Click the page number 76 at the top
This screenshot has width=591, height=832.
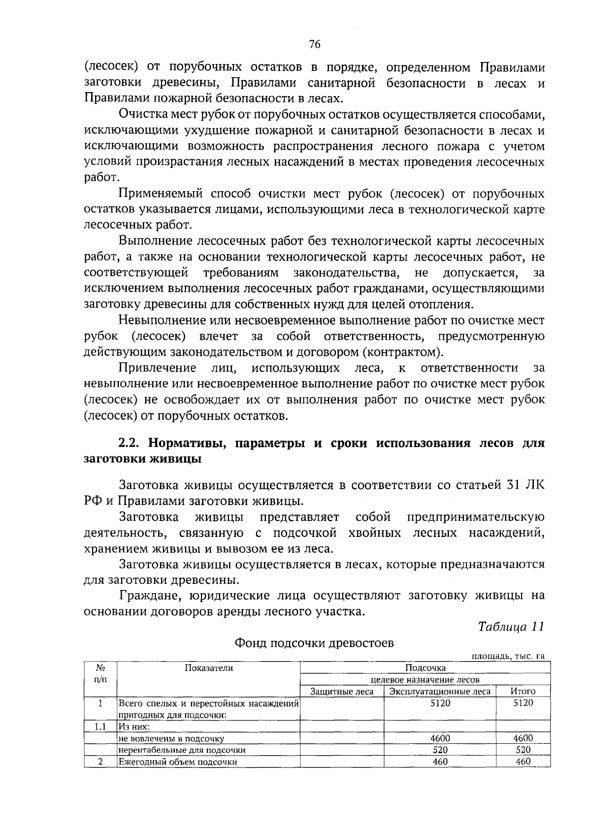pos(315,44)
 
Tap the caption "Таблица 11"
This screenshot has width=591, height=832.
pos(511,627)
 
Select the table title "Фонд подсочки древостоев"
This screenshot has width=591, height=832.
pos(314,643)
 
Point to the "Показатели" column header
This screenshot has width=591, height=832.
pos(208,668)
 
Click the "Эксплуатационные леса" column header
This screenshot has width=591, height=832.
pos(439,692)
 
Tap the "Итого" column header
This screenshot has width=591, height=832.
pos(523,692)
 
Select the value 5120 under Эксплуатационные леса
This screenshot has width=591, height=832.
pos(440,703)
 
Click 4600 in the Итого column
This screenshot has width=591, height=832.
pos(523,738)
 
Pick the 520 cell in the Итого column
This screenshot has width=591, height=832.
pos(523,750)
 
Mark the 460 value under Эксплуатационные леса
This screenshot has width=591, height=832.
pos(440,762)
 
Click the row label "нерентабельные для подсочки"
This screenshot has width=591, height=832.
pos(182,750)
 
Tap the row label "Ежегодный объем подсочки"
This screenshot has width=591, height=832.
pos(177,762)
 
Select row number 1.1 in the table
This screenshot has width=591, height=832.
pos(100,727)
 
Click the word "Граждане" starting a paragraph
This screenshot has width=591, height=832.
pos(145,596)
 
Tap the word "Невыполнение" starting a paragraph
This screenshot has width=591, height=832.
pos(157,321)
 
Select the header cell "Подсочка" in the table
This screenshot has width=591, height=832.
pos(425,668)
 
